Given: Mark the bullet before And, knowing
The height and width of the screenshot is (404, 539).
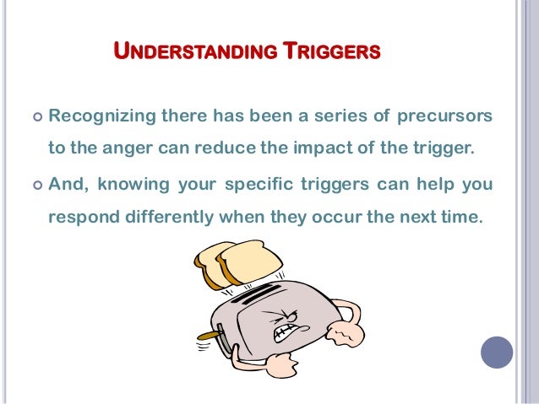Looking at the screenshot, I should click(x=34, y=183).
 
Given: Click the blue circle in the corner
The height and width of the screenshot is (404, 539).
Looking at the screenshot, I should click(x=496, y=352).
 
